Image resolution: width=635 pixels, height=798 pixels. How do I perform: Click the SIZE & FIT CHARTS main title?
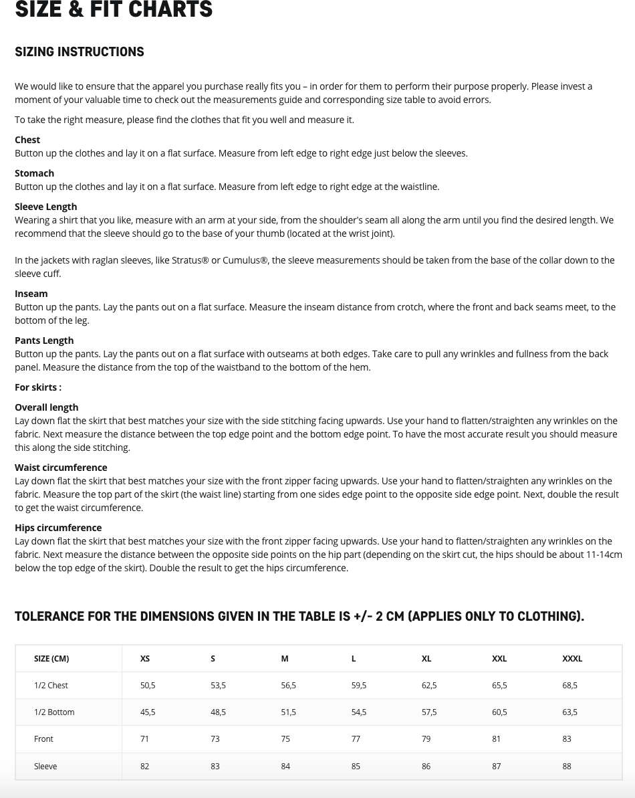[x=114, y=9]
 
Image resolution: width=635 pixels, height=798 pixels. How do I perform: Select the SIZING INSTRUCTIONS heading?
[x=80, y=52]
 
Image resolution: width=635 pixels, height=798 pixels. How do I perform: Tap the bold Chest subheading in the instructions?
[x=27, y=140]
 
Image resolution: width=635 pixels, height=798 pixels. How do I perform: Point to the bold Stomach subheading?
[x=34, y=173]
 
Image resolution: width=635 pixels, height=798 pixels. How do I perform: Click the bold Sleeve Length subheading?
[x=45, y=207]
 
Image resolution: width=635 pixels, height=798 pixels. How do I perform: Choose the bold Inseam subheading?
[x=31, y=294]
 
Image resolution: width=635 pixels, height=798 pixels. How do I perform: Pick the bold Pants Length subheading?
[x=44, y=340]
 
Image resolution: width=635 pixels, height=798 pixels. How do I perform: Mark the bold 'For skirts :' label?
[x=38, y=387]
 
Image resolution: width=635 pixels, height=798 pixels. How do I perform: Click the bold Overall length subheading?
[x=46, y=407]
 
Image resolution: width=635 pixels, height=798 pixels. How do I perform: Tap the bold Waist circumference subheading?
[x=61, y=468]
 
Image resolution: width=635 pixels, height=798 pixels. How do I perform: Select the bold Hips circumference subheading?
[x=58, y=528]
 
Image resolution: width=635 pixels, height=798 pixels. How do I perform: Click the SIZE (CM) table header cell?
[x=51, y=658]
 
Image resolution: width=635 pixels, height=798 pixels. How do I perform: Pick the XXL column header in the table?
[x=499, y=658]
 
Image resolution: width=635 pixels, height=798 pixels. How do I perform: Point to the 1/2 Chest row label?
[x=51, y=685]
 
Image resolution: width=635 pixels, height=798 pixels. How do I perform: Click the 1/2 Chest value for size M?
[x=288, y=685]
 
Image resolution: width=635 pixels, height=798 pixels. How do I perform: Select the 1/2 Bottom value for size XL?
[x=429, y=712]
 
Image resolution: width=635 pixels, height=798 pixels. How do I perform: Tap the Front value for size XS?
[x=144, y=738]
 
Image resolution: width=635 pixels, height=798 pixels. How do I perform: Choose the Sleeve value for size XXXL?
[x=567, y=766]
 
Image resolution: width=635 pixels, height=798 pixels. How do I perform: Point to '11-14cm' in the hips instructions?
[x=604, y=555]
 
